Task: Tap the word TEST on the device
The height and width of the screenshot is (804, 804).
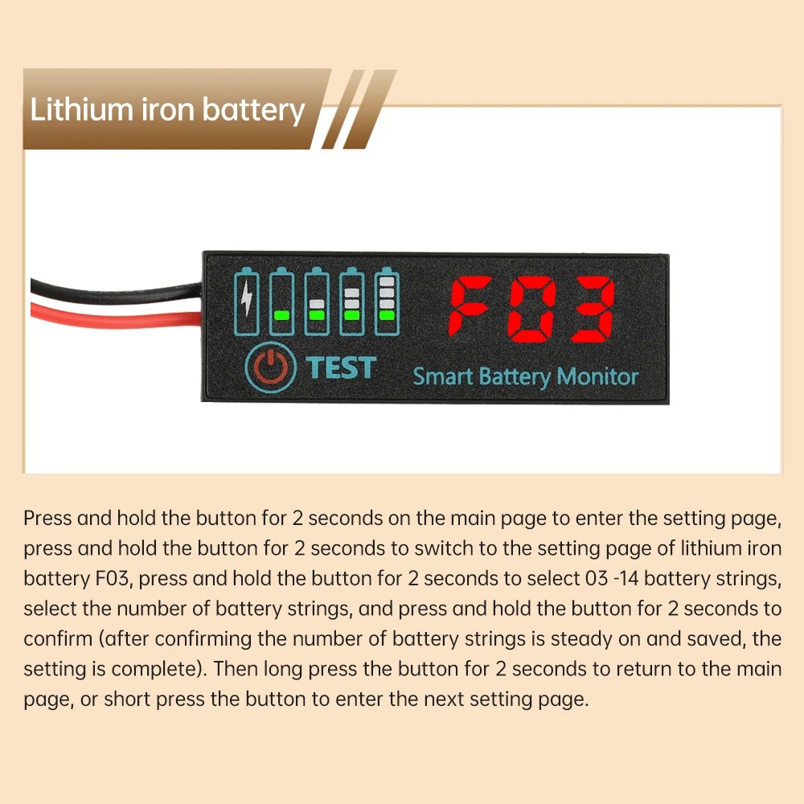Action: [x=340, y=367]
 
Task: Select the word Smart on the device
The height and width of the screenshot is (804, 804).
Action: [x=443, y=375]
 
